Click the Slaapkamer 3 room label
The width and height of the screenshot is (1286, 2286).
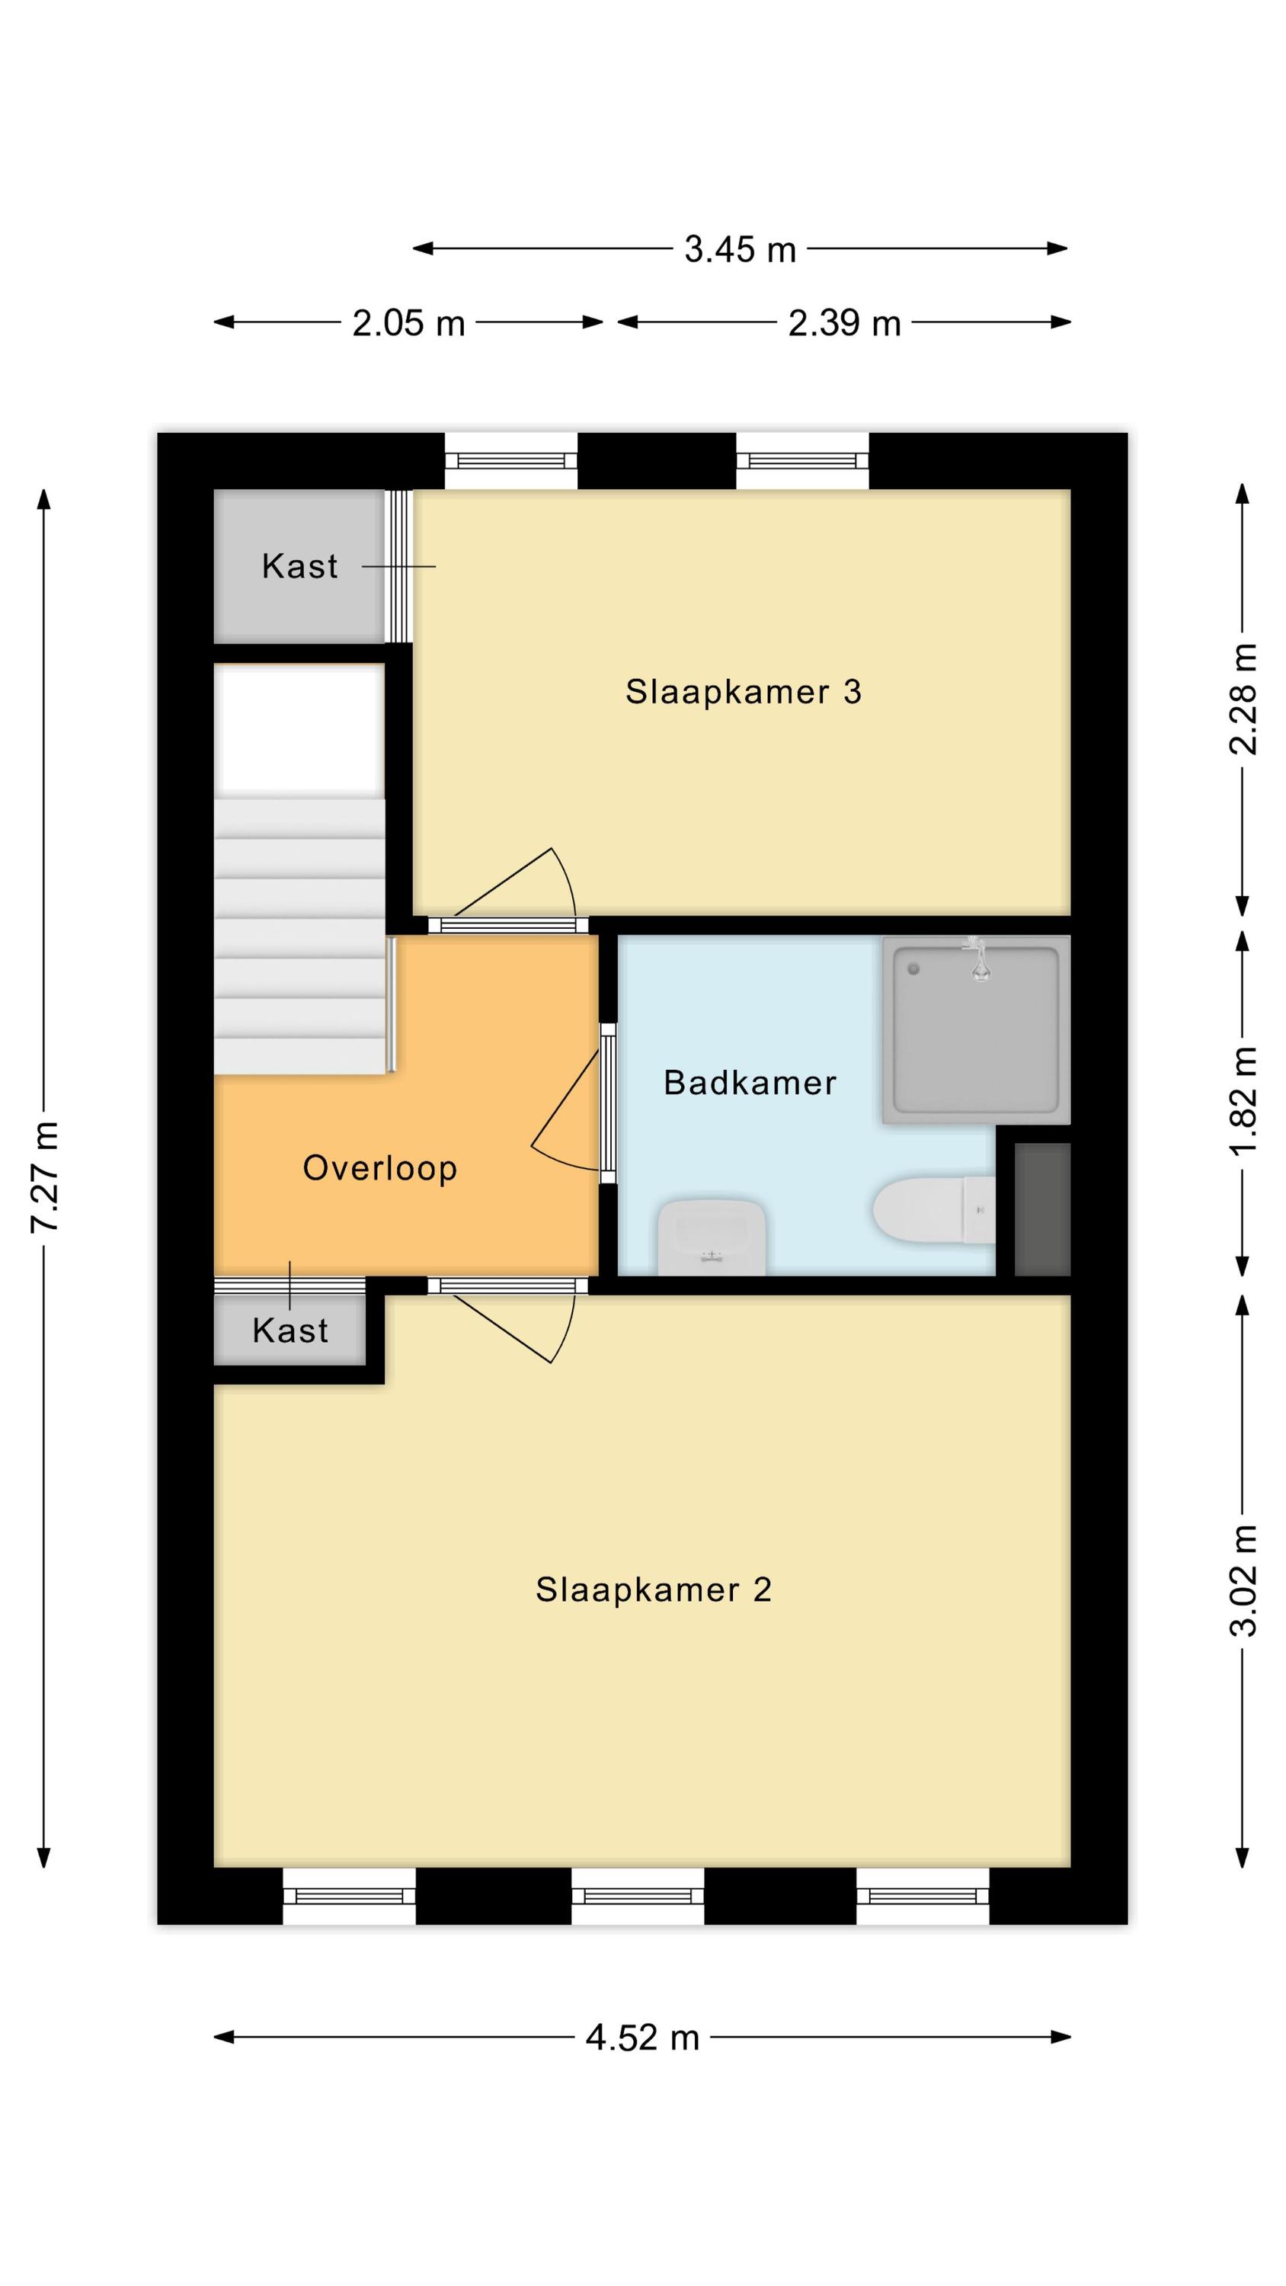pyautogui.click(x=743, y=692)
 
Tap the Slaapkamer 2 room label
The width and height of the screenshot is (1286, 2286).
pyautogui.click(x=653, y=1590)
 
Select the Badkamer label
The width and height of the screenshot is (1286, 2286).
pyautogui.click(x=750, y=1083)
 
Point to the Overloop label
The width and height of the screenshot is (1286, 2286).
pyautogui.click(x=380, y=1168)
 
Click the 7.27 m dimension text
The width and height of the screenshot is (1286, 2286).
pyautogui.click(x=44, y=1177)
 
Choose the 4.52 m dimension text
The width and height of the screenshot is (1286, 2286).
pyautogui.click(x=642, y=2038)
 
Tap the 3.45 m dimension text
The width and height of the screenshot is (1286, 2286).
pyautogui.click(x=741, y=249)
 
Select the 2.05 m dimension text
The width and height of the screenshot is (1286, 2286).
pyautogui.click(x=408, y=323)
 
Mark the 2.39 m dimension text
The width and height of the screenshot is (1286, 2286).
pyautogui.click(x=844, y=323)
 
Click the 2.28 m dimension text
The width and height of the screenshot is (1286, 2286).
pyautogui.click(x=1243, y=700)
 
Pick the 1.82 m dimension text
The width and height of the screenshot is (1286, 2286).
pyautogui.click(x=1243, y=1100)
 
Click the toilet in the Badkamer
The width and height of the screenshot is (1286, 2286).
pyautogui.click(x=934, y=1209)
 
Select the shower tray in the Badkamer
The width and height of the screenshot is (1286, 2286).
pyautogui.click(x=976, y=1029)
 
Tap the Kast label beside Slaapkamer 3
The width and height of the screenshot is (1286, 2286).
pyautogui.click(x=300, y=566)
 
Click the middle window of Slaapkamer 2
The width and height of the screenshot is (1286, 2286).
pyautogui.click(x=637, y=1897)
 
